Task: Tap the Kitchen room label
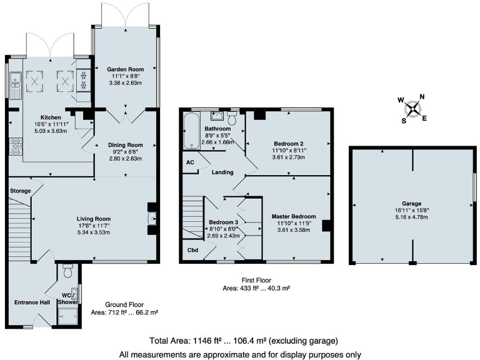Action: [51, 117]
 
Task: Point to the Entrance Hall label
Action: [31, 302]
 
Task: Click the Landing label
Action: [222, 172]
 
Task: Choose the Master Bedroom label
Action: [293, 217]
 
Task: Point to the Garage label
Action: [411, 204]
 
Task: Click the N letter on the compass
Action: [422, 96]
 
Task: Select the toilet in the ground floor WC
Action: [68, 272]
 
